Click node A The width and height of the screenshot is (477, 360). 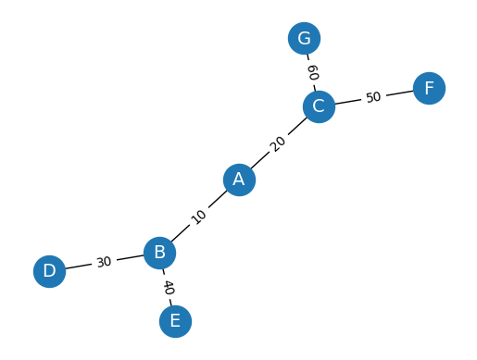[x=239, y=180]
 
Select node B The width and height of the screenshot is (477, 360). [x=159, y=253]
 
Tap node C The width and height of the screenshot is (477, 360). [x=319, y=106]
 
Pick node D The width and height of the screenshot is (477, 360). [x=49, y=271]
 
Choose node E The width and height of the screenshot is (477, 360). [x=175, y=321]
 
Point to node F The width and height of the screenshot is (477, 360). [x=429, y=88]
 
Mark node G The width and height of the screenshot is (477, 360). [x=304, y=38]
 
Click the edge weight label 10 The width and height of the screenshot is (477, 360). [x=199, y=217]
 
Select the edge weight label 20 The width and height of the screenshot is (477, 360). [x=279, y=143]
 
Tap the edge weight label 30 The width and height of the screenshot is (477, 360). [x=104, y=262]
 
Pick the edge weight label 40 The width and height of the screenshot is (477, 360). [x=168, y=287]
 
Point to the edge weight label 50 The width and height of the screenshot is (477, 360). [x=373, y=97]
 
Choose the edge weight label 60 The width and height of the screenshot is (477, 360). [x=312, y=72]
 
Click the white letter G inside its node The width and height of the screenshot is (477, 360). [x=304, y=38]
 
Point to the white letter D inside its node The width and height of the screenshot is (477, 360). [x=49, y=271]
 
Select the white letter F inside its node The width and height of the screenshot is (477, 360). [x=429, y=88]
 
